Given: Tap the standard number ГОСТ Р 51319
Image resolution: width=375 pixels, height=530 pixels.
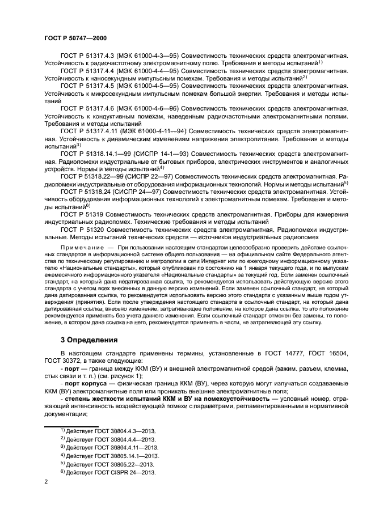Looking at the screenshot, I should pyautogui.click(x=79, y=215).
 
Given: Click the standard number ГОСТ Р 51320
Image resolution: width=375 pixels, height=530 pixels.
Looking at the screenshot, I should pyautogui.click(x=79, y=230).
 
